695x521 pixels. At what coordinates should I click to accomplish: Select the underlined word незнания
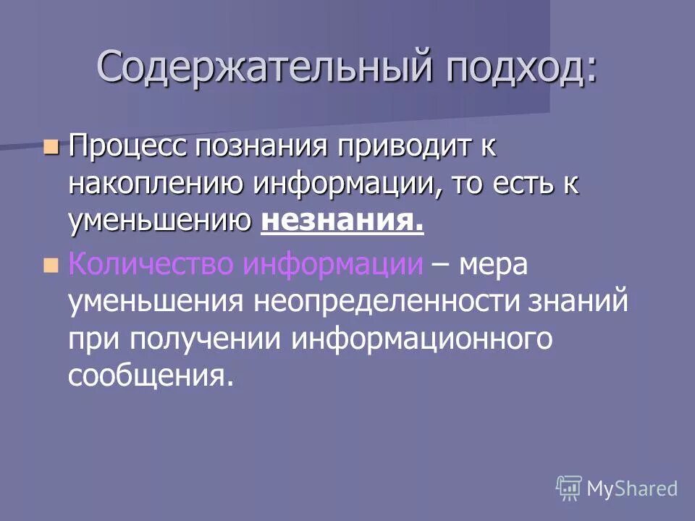(342, 221)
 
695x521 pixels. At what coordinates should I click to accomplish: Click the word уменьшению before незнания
(160, 221)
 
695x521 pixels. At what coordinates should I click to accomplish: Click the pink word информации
(332, 265)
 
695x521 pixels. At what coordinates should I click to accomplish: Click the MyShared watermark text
(632, 489)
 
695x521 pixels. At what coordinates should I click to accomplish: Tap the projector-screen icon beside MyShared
(569, 488)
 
